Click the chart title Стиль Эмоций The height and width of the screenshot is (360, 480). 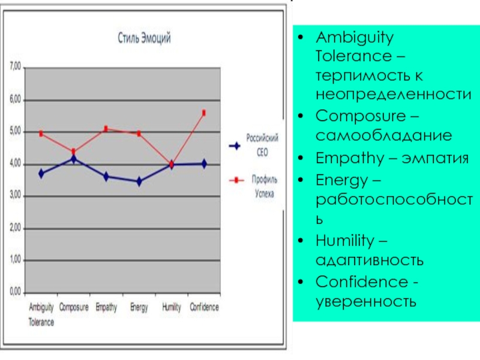(x=143, y=39)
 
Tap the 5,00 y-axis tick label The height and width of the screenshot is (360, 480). (x=14, y=131)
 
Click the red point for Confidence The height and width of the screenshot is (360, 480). (x=204, y=113)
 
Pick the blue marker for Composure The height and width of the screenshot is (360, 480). (x=74, y=159)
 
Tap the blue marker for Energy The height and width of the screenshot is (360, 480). (x=139, y=181)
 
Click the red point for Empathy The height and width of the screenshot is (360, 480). (x=106, y=128)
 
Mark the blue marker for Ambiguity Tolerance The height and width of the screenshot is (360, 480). (x=41, y=173)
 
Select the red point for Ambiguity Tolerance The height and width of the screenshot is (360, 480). (x=41, y=134)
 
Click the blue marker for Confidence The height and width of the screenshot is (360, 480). (x=204, y=163)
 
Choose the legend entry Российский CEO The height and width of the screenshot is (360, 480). (x=259, y=145)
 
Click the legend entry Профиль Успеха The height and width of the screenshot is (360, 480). (x=259, y=184)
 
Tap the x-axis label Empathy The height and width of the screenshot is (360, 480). (x=106, y=308)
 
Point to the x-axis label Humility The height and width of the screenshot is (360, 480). (x=172, y=308)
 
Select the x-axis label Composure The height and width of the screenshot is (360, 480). (x=74, y=308)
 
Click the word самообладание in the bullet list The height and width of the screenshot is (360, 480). (x=384, y=136)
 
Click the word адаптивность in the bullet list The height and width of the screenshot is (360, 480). (x=370, y=260)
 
